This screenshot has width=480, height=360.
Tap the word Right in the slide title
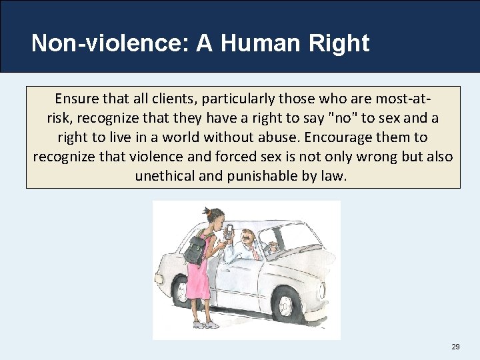point(339,43)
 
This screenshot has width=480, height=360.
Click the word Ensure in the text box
point(75,99)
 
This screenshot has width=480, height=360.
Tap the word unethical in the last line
point(169,176)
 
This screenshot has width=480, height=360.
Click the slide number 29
point(455,347)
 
